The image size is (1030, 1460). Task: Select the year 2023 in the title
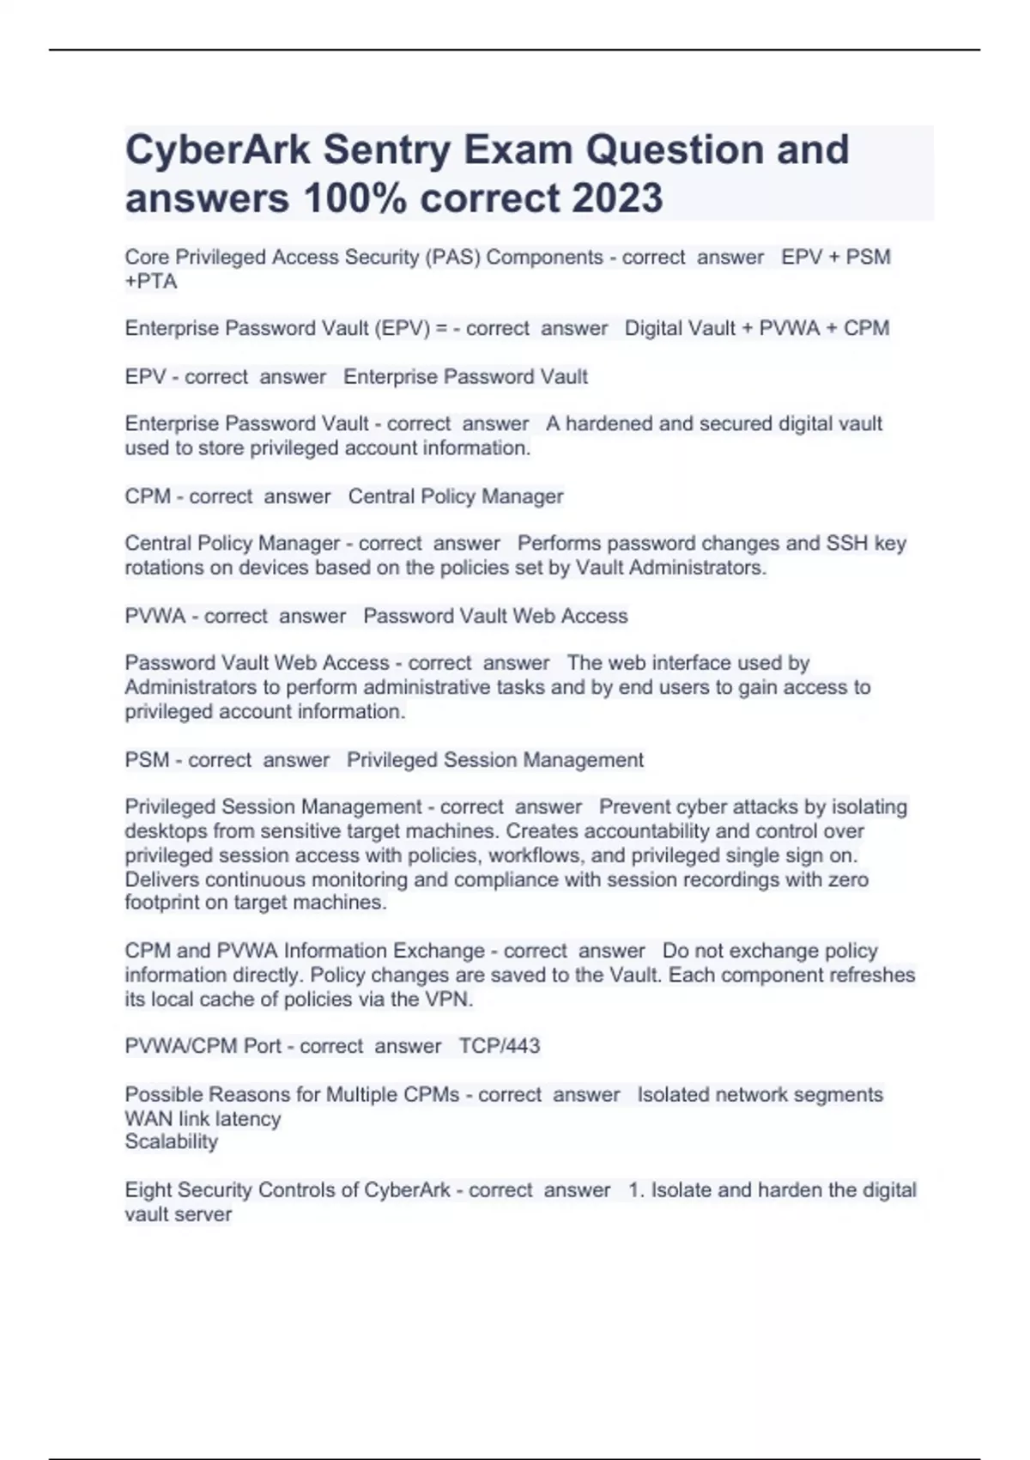coord(617,198)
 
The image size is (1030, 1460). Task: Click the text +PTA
coord(151,282)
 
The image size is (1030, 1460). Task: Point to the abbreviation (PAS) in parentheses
coord(452,258)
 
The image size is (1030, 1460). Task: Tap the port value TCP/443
coord(500,1046)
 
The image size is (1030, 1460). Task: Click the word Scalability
coord(172,1142)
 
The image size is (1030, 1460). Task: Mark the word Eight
coord(145,1190)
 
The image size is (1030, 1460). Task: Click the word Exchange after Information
coord(439,952)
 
